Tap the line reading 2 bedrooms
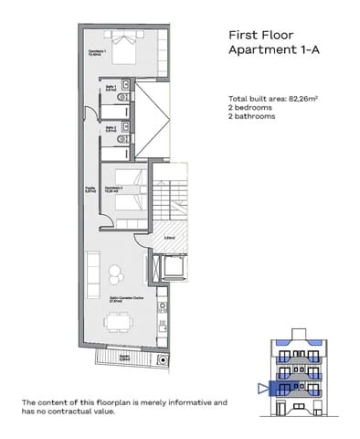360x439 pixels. click(x=253, y=108)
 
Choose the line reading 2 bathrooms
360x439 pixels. click(x=254, y=118)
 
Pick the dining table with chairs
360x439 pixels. click(x=117, y=323)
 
